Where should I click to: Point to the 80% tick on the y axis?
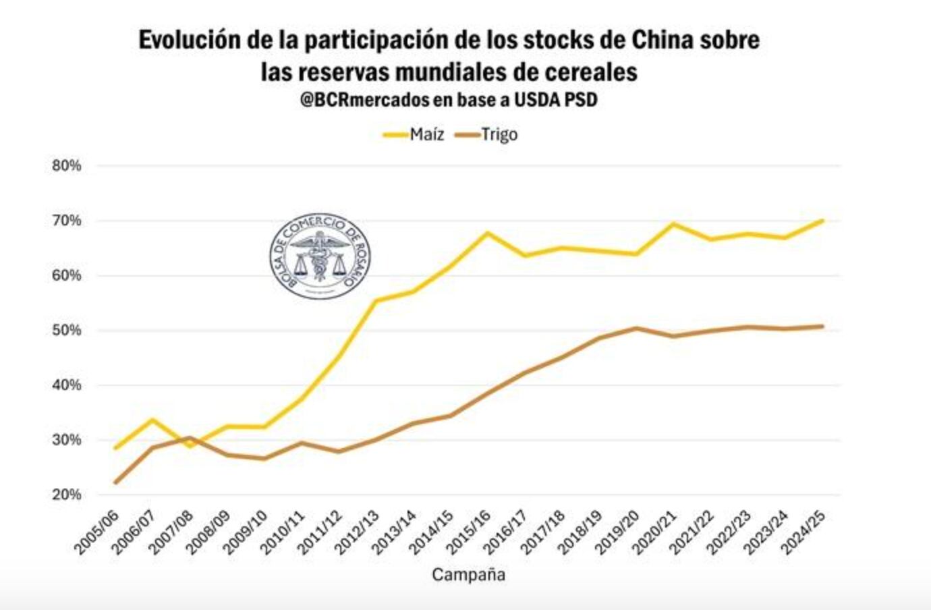coord(67,166)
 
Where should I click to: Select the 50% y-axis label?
coord(67,330)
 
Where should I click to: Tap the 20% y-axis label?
coord(67,495)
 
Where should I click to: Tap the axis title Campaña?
coord(468,575)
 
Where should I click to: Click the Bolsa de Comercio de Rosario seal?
coord(320,256)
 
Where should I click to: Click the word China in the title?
coord(662,40)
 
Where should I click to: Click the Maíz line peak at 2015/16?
coord(488,233)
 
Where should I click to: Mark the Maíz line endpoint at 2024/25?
coord(822,220)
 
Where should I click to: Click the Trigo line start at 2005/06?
coord(116,482)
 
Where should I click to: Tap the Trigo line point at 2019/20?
coord(636,328)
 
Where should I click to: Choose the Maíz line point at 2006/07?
coord(153,420)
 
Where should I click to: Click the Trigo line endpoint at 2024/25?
coord(822,327)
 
